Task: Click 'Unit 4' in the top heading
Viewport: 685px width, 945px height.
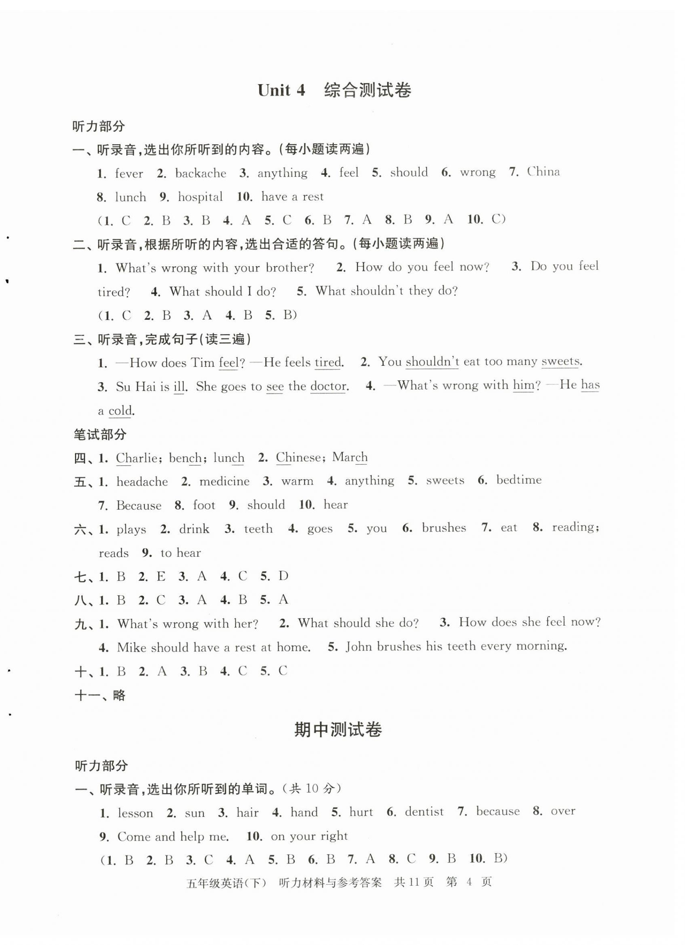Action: [x=281, y=90]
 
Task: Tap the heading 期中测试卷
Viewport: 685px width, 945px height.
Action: [x=338, y=729]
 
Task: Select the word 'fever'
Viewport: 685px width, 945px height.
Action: [x=129, y=173]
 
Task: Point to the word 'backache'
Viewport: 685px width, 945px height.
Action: [x=200, y=173]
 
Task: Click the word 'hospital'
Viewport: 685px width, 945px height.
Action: [x=200, y=197]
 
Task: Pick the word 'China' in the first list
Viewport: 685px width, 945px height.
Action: [x=543, y=172]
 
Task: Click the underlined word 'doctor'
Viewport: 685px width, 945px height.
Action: [x=328, y=386]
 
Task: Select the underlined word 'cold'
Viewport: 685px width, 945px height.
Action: [x=120, y=411]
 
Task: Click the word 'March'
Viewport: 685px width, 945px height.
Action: [x=350, y=457]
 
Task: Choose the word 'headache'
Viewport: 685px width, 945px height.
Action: [x=142, y=482]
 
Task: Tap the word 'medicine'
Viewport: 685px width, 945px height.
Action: [x=224, y=481]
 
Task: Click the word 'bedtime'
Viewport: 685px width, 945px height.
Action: [x=518, y=480]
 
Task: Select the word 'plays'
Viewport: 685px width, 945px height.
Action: [x=131, y=530]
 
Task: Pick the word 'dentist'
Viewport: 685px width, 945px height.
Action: [x=424, y=812]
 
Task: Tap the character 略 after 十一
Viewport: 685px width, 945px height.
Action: [x=119, y=695]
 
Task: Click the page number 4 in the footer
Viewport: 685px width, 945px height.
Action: [x=469, y=882]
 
